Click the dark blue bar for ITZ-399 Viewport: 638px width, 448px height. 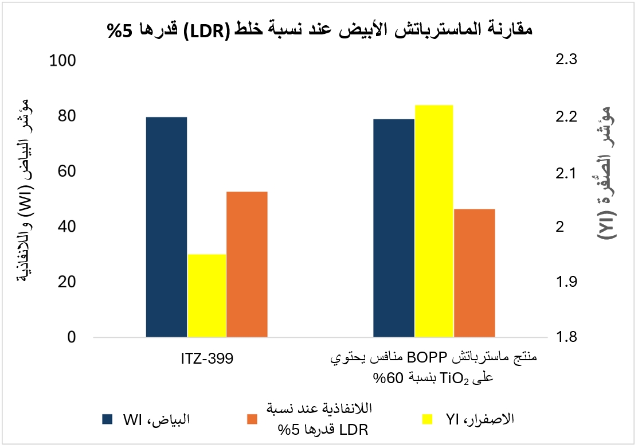pyautogui.click(x=166, y=227)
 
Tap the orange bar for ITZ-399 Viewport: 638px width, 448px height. pyautogui.click(x=247, y=264)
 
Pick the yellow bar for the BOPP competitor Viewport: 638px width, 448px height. pyautogui.click(x=434, y=220)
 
